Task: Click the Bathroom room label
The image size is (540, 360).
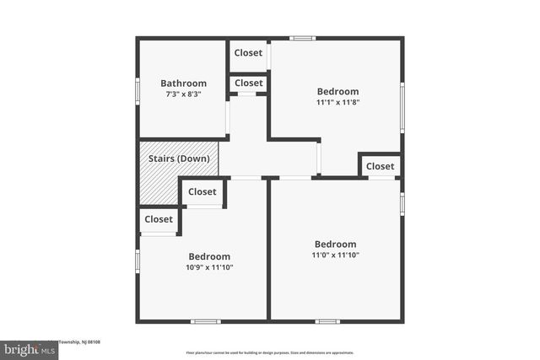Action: pos(183,83)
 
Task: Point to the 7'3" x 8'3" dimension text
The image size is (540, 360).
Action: pos(183,95)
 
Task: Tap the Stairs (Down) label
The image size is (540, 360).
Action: pos(179,159)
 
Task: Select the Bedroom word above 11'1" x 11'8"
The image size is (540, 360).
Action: pos(337,92)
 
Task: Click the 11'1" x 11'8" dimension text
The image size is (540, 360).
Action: pos(337,103)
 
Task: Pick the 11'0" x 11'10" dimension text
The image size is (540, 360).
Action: pos(335,255)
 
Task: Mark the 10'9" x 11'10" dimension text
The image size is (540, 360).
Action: pos(209,267)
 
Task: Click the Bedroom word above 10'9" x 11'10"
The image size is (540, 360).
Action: pos(209,256)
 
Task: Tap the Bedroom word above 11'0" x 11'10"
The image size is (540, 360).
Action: pos(335,244)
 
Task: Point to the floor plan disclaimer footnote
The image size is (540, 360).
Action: pos(269,352)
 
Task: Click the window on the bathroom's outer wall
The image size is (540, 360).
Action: pos(138,91)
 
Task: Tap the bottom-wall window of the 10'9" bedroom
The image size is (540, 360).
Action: pos(205,321)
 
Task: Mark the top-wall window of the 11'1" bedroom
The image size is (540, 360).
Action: pos(302,38)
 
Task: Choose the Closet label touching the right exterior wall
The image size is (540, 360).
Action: pos(380,166)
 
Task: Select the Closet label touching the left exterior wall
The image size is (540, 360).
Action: pos(159,219)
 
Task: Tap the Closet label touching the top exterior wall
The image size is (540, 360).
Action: pos(248,53)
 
